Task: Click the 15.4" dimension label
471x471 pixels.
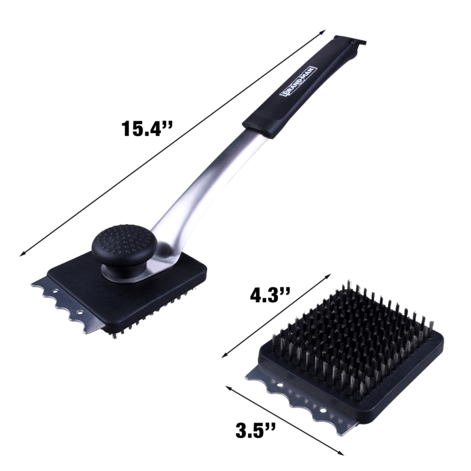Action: (x=147, y=128)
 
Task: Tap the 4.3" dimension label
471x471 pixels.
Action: (x=270, y=296)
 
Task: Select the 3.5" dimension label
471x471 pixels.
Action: (x=256, y=430)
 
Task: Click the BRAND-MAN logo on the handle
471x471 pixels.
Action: (x=298, y=81)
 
